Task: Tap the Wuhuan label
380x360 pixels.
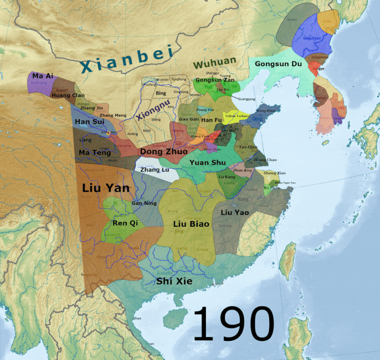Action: coord(214,62)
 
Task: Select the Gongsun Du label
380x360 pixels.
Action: coord(278,64)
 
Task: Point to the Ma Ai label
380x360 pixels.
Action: coord(41,76)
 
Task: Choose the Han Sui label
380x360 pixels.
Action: coord(89,122)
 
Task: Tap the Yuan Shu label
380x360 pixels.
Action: coord(207,163)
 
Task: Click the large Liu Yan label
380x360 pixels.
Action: coord(106,188)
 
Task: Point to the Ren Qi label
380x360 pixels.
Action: coord(125,223)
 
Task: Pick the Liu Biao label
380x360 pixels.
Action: coord(191,224)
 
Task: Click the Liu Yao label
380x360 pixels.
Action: coord(235,212)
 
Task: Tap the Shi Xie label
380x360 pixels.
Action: coord(174,281)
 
